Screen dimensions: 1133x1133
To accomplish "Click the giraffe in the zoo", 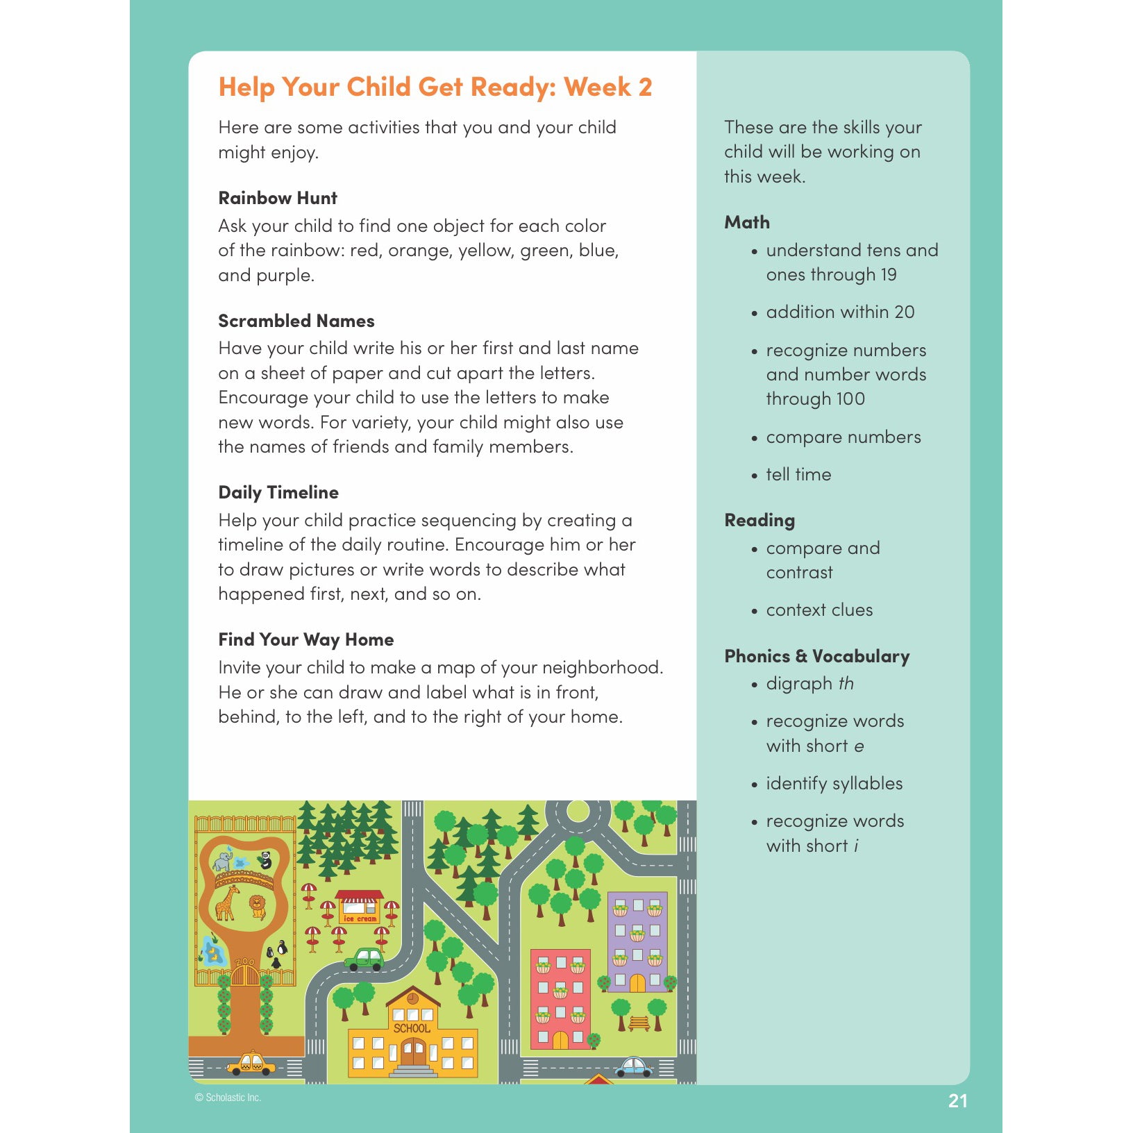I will tap(226, 902).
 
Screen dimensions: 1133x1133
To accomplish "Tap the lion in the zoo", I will tap(258, 905).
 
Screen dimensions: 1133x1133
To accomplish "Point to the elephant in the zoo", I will tap(223, 861).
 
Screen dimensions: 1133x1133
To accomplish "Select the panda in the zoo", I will tap(265, 860).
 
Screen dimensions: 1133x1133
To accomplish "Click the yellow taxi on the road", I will tap(251, 1063).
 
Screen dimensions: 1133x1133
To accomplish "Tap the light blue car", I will tap(633, 1066).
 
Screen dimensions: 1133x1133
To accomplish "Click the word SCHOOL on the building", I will tap(412, 1028).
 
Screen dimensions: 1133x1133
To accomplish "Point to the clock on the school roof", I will tap(413, 998).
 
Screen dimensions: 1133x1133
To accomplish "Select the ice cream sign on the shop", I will tap(360, 918).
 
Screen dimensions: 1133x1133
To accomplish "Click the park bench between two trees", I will tap(639, 1023).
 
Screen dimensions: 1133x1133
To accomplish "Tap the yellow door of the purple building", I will tap(637, 983).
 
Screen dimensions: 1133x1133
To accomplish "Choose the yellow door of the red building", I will tap(560, 1040).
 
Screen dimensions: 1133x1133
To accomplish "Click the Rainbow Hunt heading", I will tap(278, 198).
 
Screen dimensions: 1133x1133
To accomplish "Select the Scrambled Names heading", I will tap(296, 321).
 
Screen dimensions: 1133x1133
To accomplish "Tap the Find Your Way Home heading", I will tap(306, 639).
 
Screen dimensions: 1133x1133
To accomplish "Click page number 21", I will tap(957, 1100).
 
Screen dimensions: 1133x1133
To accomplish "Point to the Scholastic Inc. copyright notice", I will tap(228, 1098).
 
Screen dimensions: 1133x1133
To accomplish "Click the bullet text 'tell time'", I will tap(798, 474).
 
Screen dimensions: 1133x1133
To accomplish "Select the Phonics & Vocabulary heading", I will tap(816, 656).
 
